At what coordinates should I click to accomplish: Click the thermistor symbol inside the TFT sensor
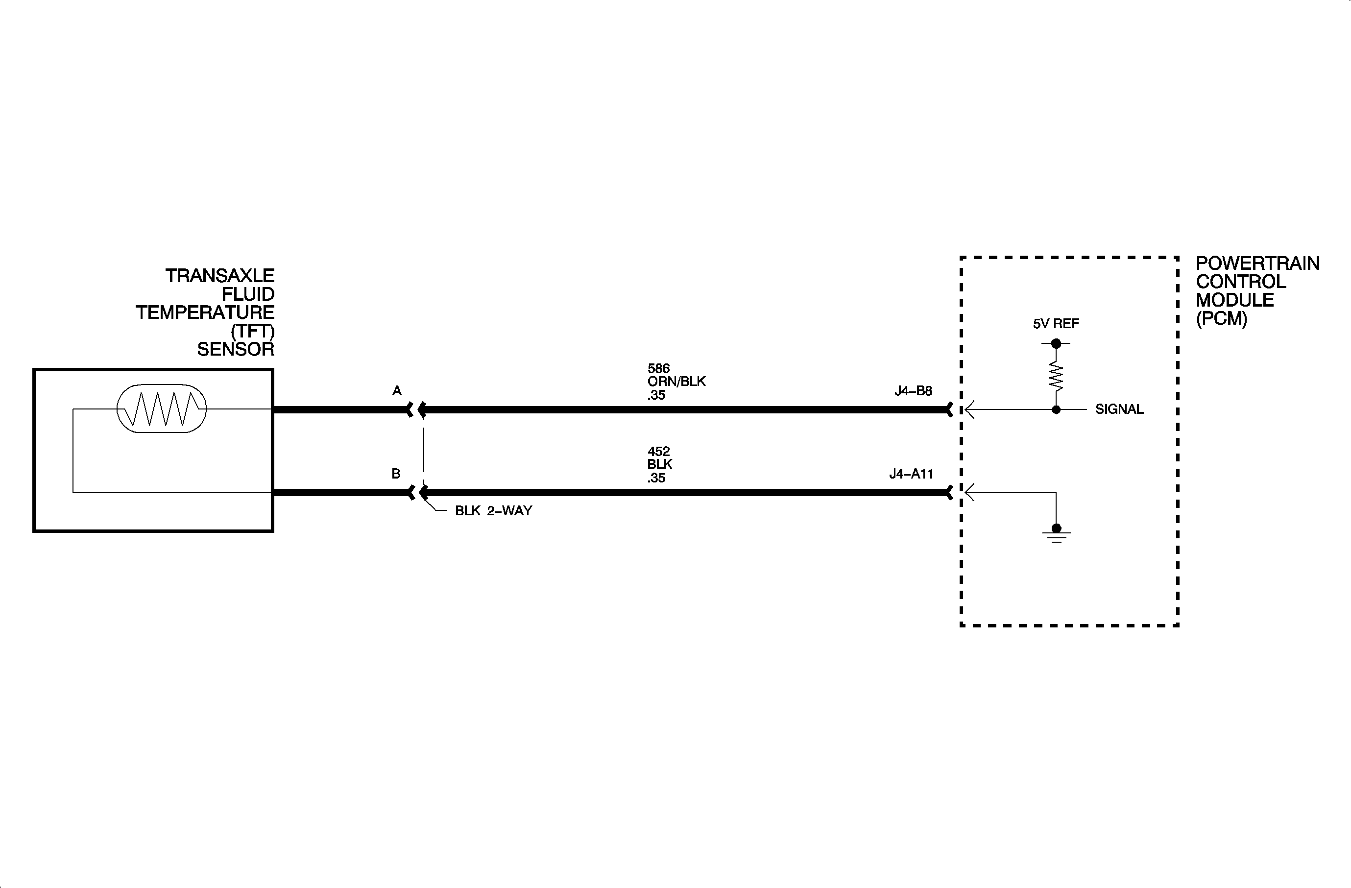161,408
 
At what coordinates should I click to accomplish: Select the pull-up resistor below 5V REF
1056,376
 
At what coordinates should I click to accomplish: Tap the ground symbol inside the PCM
1056,534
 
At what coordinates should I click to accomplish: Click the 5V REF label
1056,324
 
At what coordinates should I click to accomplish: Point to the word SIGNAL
1119,409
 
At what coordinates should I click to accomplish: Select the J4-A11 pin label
911,474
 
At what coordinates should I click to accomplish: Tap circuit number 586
658,369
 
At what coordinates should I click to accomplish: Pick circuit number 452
658,452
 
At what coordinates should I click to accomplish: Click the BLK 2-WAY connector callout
493,511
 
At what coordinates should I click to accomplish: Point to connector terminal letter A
397,391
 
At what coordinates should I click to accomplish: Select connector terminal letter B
396,474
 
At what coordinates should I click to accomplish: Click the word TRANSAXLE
219,276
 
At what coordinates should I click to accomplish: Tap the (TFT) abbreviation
253,331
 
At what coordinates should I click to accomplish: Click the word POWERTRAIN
1257,264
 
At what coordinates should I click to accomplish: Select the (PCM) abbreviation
1221,319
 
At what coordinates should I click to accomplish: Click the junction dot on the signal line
1056,409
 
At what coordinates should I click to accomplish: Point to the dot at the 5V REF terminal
1056,343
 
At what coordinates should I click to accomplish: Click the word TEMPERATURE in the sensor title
205,312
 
